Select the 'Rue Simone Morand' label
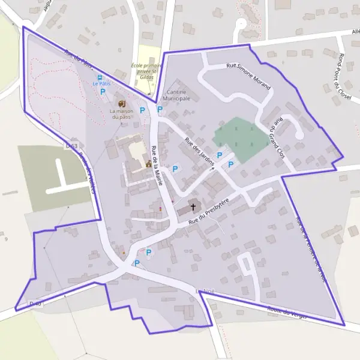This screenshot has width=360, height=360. click(248, 76)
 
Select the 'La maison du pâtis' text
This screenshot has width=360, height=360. click(120, 114)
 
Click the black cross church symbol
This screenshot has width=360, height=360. click(193, 208)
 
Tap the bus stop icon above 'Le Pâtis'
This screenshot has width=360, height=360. click(100, 78)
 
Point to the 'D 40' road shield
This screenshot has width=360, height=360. click(35, 305)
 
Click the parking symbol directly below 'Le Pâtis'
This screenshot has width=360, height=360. click(103, 92)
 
